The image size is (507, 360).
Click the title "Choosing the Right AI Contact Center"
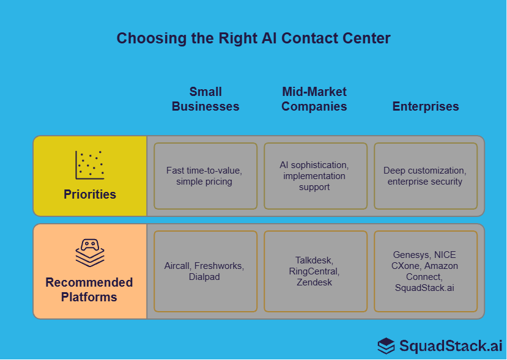(253, 39)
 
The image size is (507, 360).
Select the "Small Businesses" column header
(205, 99)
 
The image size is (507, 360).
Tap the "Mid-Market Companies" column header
(314, 99)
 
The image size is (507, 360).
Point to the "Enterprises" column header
(426, 106)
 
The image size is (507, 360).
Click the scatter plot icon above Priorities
(90, 165)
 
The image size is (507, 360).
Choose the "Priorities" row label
(90, 195)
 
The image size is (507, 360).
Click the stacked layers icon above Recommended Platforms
(90, 252)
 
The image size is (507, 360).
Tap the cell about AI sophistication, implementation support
(316, 176)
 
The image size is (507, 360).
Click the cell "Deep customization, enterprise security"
(426, 176)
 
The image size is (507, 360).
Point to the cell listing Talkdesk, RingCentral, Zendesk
(316, 271)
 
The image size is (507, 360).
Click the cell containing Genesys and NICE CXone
(426, 271)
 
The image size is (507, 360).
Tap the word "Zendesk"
(314, 282)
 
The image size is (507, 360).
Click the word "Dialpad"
(204, 277)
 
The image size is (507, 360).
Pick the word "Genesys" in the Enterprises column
(412, 255)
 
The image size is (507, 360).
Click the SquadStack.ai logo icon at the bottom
(386, 346)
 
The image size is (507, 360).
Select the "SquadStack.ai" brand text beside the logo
(451, 346)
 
